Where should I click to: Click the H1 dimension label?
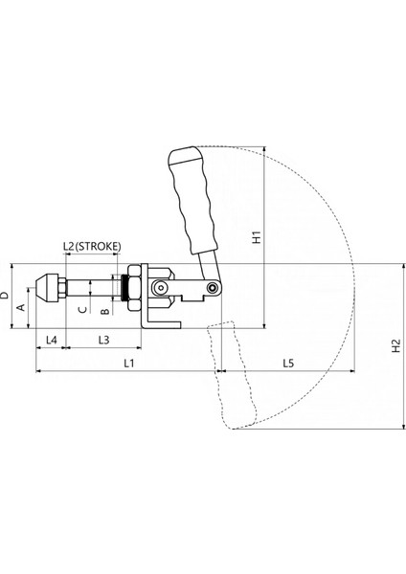tap(258, 237)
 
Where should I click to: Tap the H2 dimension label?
tap(396, 346)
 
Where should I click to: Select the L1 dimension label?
tap(128, 363)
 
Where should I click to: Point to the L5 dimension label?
tap(288, 363)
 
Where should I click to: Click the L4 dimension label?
tap(52, 340)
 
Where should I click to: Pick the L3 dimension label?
tap(104, 340)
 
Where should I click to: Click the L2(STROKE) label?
tap(92, 247)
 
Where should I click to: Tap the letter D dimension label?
tap(5, 295)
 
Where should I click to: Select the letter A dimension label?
tap(22, 307)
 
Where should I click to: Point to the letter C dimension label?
tap(83, 309)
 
